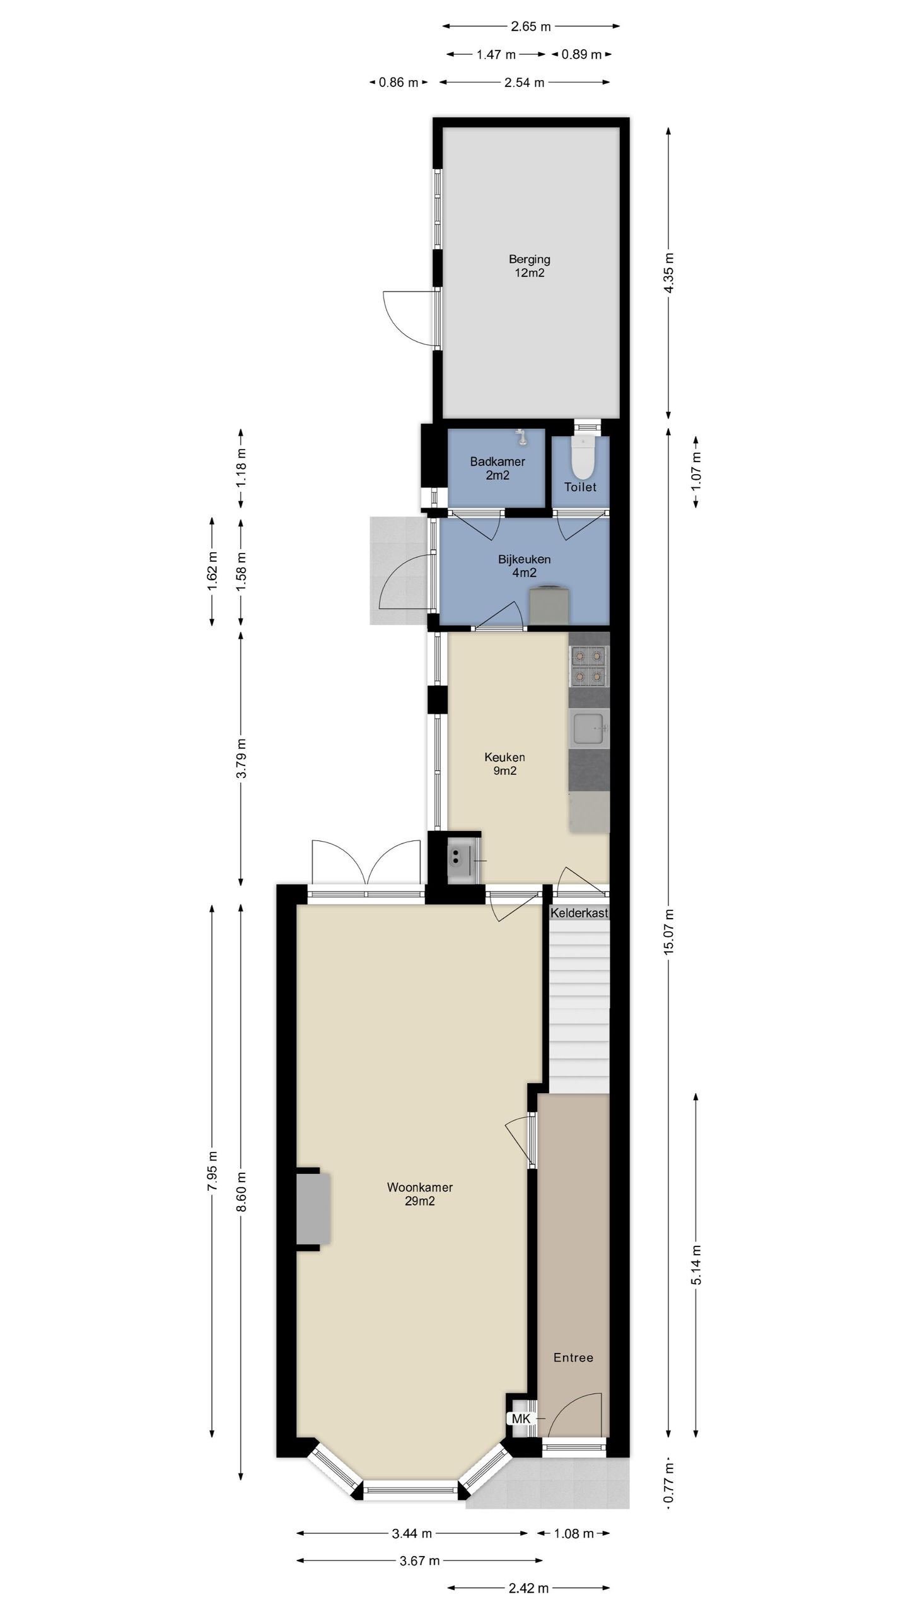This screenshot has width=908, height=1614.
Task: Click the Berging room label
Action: point(529,265)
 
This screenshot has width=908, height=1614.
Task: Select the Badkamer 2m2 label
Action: point(497,468)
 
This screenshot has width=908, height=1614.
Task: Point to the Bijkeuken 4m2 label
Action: point(524,566)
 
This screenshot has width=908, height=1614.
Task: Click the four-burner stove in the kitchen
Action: point(589,666)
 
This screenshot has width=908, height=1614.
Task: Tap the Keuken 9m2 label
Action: point(504,763)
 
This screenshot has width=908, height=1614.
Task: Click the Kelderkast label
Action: point(579,912)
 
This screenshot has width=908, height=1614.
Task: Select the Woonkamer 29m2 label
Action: point(420,1193)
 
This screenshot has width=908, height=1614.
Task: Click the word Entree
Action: point(573,1357)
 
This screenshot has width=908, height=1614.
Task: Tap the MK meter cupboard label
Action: point(521,1418)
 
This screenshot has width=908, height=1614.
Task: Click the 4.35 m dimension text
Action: point(669,272)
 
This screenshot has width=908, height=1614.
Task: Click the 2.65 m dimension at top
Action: point(531,26)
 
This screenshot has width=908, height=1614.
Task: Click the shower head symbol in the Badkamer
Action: point(521,435)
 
